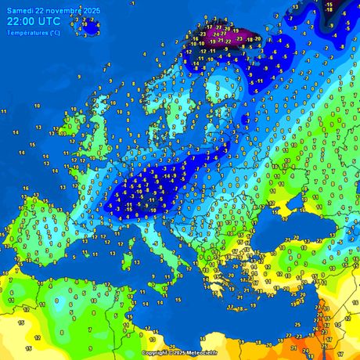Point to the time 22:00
(x=23, y=21)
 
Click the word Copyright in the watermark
(x=156, y=353)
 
